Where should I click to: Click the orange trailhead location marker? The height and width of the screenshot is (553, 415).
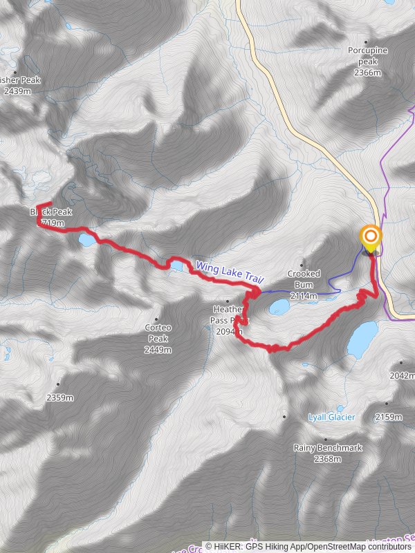[371, 240]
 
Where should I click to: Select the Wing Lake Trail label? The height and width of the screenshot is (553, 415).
[230, 271]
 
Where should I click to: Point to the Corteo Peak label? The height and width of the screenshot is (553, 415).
[158, 333]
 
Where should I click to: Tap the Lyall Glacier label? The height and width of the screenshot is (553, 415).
[331, 417]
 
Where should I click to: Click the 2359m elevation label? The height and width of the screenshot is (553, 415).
[59, 397]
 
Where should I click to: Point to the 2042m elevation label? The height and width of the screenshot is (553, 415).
[402, 376]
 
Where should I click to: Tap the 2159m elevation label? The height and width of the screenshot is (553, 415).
[388, 417]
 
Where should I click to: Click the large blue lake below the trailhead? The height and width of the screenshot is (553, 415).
[362, 338]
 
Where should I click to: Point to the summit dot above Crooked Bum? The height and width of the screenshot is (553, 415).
[303, 263]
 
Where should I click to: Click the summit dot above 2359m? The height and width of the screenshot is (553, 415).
[58, 385]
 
